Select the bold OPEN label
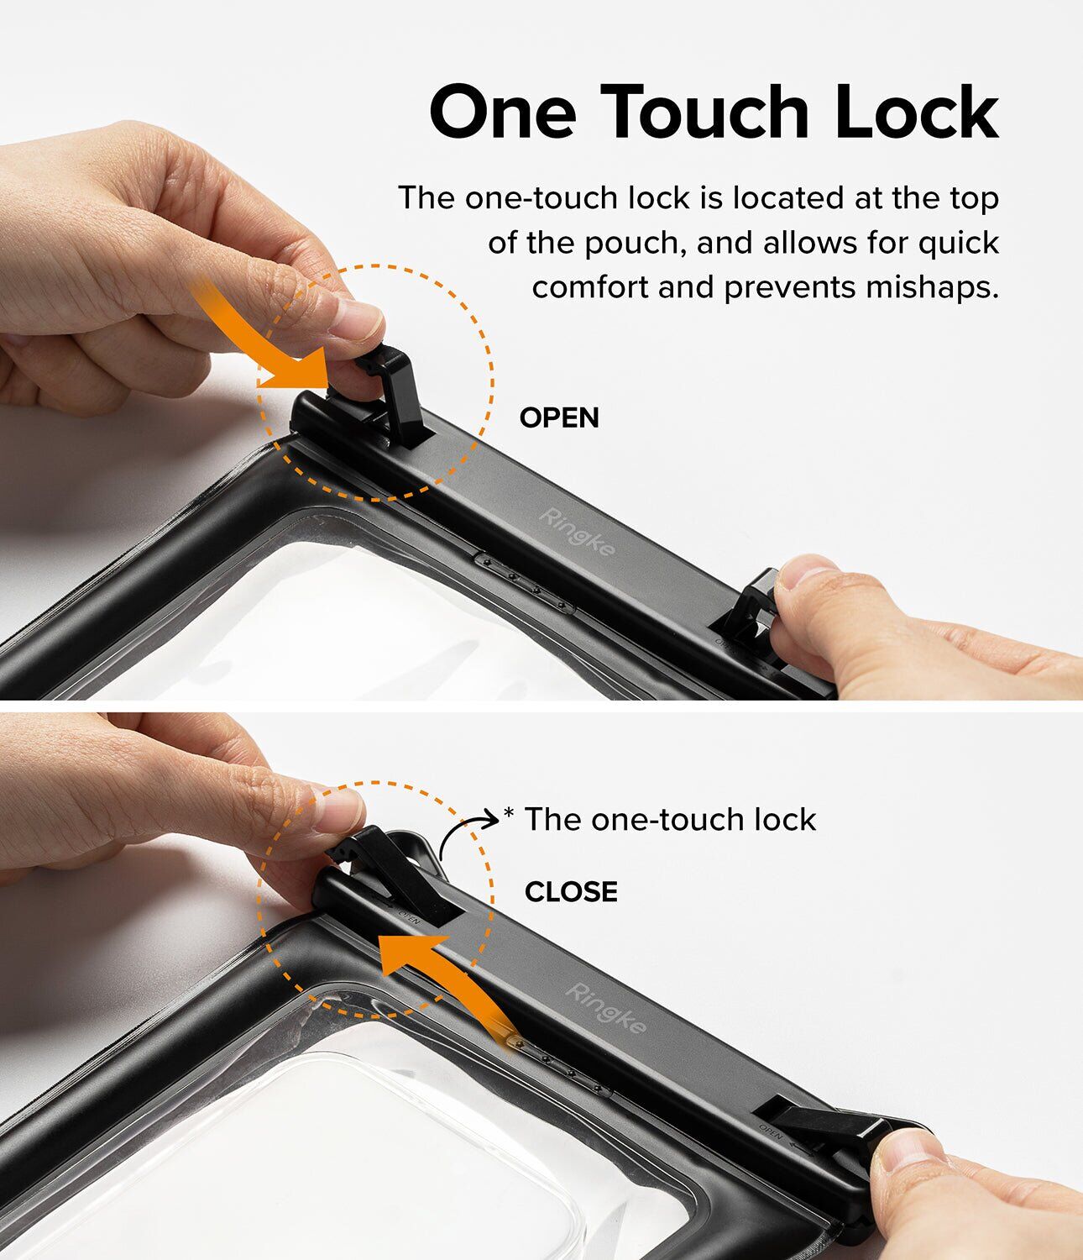(559, 417)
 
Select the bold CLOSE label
(571, 892)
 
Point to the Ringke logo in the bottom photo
(605, 1008)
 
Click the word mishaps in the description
(932, 287)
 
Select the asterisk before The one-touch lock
(510, 814)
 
